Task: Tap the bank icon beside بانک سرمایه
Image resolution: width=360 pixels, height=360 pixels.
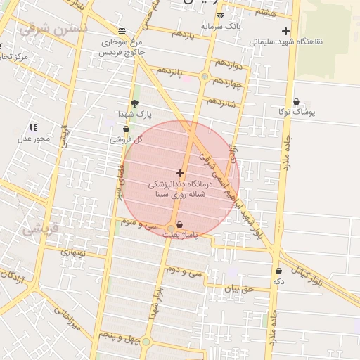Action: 221,15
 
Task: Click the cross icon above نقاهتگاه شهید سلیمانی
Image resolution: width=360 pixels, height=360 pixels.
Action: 285,31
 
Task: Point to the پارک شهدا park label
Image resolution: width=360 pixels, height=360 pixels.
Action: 134,113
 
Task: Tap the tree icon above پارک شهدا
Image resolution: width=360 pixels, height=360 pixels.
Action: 134,103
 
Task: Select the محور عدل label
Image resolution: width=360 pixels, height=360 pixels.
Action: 33,138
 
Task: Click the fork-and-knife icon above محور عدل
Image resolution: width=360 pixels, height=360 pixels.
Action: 33,127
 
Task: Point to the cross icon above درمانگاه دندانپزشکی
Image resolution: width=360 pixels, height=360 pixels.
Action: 181,173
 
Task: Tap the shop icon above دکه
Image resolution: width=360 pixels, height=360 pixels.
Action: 279,271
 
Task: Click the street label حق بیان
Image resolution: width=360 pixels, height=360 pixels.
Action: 238,288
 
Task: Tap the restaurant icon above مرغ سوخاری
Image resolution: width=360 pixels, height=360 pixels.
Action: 123,32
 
